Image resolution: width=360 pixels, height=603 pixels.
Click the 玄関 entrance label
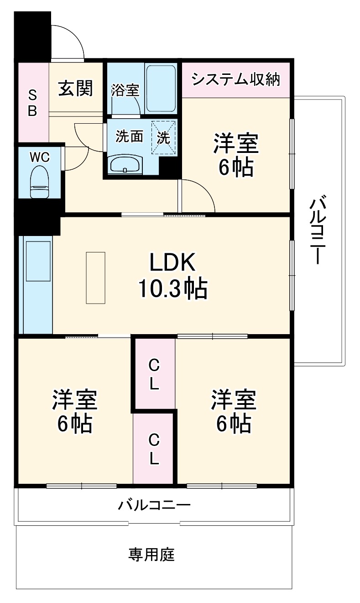click(75, 88)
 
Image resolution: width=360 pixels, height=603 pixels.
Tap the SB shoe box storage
click(32, 103)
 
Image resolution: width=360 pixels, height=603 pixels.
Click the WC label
click(39, 157)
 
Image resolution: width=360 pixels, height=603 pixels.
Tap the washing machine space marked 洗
click(163, 137)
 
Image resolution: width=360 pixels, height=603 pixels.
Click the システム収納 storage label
click(235, 79)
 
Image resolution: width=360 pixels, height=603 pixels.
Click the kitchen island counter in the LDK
click(95, 278)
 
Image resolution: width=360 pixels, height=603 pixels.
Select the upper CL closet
click(154, 374)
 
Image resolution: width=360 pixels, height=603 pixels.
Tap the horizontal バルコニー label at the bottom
click(154, 505)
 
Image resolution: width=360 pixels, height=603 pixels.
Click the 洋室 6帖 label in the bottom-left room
click(74, 411)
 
